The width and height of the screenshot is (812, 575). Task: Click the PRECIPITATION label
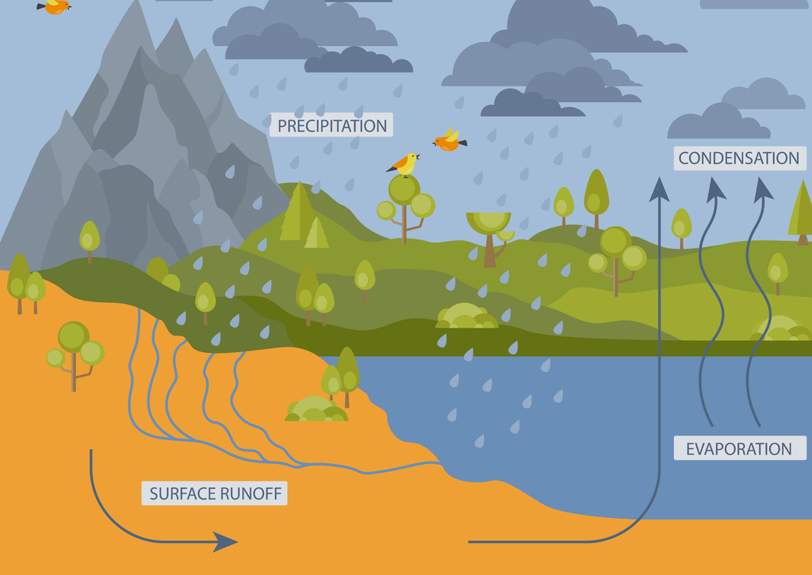click(x=331, y=125)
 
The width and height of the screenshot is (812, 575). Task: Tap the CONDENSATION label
click(x=739, y=158)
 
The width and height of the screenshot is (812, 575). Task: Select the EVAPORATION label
click(x=739, y=449)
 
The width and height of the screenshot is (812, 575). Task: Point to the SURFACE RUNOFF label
click(x=216, y=493)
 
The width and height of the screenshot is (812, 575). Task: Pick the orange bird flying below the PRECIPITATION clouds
click(x=449, y=141)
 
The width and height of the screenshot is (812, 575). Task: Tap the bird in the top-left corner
click(x=54, y=6)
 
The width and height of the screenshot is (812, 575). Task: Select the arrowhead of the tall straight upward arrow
click(x=658, y=189)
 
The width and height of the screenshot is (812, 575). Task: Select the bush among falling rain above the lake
click(x=465, y=316)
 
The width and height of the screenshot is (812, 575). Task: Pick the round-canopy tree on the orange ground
click(x=75, y=349)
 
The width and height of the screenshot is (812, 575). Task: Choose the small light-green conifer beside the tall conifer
click(x=316, y=233)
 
